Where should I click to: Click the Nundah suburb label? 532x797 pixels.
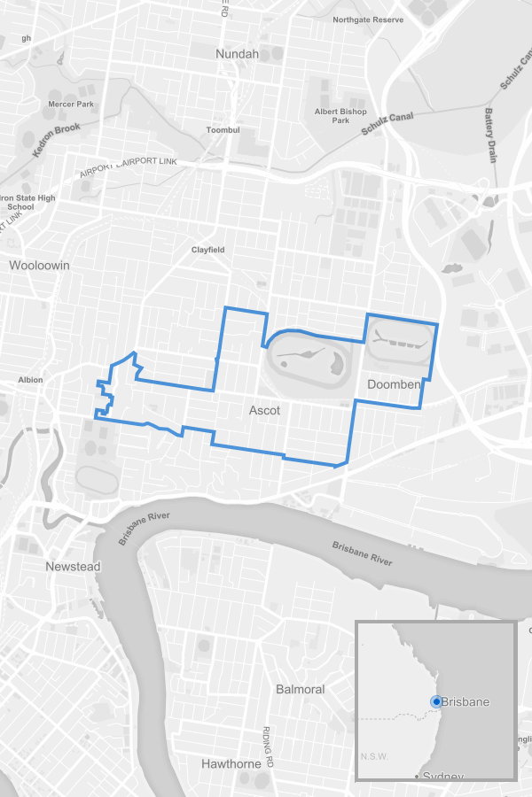point(237,54)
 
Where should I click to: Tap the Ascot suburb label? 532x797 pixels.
point(264,411)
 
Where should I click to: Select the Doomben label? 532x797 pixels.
point(393,384)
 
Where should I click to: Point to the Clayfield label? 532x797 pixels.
point(208,250)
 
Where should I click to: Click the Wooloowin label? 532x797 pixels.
point(39,265)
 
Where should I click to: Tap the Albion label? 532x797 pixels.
point(30,380)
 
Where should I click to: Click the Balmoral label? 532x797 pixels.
point(300,689)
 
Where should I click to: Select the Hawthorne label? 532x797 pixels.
point(231,763)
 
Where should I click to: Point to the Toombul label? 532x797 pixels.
point(223,130)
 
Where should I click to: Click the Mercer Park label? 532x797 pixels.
point(71,104)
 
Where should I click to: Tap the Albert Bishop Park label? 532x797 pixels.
point(340,116)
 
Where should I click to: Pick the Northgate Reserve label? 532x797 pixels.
point(368,19)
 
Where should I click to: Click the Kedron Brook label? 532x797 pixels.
point(57,140)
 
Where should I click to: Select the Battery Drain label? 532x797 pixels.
point(490,135)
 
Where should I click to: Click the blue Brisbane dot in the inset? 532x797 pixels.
point(435,701)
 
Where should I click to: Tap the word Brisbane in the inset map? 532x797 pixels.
point(465,702)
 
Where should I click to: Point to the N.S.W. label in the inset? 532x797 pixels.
point(374,756)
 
